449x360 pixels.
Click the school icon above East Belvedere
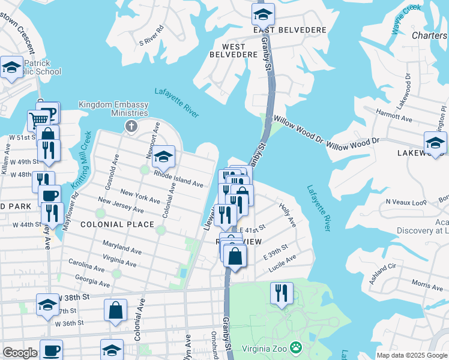[x=262, y=14]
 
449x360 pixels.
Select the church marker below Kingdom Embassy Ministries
[x=130, y=126]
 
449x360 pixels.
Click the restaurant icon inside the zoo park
[x=281, y=293]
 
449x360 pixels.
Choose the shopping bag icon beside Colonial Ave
[x=115, y=310]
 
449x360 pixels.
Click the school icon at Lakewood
[x=435, y=143]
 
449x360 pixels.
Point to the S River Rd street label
[x=151, y=35]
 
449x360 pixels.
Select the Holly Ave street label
[x=288, y=214]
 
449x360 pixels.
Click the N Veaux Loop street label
[x=405, y=202]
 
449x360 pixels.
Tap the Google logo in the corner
[x=20, y=353]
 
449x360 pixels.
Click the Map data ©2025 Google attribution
[x=412, y=355]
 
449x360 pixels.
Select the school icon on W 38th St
[x=48, y=305]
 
